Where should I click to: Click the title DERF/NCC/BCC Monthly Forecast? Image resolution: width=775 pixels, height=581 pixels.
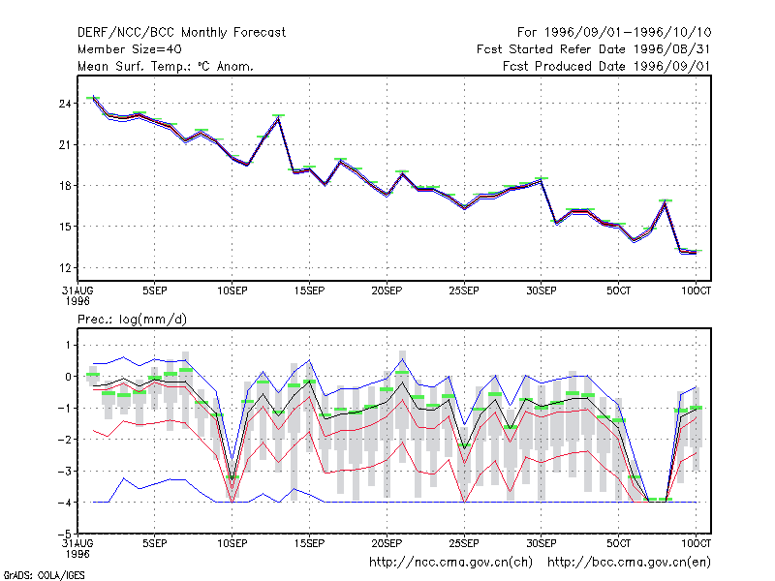[181, 33]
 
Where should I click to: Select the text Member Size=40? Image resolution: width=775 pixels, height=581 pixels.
[130, 49]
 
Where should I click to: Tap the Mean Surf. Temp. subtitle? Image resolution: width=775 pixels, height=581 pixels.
[165, 66]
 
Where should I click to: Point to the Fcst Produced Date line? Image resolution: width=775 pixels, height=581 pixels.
[607, 66]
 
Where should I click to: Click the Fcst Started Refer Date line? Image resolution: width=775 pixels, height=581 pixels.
[594, 49]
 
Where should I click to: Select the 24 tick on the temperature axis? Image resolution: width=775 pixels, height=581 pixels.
[65, 104]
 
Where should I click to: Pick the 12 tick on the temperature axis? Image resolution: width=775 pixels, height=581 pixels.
[65, 268]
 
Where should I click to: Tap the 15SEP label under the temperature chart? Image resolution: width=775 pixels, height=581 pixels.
[309, 290]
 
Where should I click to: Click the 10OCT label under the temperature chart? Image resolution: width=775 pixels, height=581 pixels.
[696, 290]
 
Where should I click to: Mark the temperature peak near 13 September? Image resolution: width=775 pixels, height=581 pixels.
[279, 117]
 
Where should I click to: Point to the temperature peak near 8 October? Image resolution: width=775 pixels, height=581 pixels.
[666, 202]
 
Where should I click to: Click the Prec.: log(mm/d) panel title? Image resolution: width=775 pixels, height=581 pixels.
[132, 320]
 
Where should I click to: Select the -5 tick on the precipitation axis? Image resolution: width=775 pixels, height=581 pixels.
[65, 534]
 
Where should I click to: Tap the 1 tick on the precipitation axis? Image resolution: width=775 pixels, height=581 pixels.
[68, 345]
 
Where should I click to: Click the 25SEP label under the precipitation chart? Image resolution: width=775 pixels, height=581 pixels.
[464, 543]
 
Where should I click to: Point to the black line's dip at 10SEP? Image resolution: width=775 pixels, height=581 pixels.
[232, 479]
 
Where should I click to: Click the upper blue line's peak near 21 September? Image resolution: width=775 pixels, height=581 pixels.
[402, 359]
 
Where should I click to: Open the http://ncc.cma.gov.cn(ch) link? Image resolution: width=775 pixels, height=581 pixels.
[450, 563]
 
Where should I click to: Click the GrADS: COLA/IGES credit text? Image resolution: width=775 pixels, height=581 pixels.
[45, 575]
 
